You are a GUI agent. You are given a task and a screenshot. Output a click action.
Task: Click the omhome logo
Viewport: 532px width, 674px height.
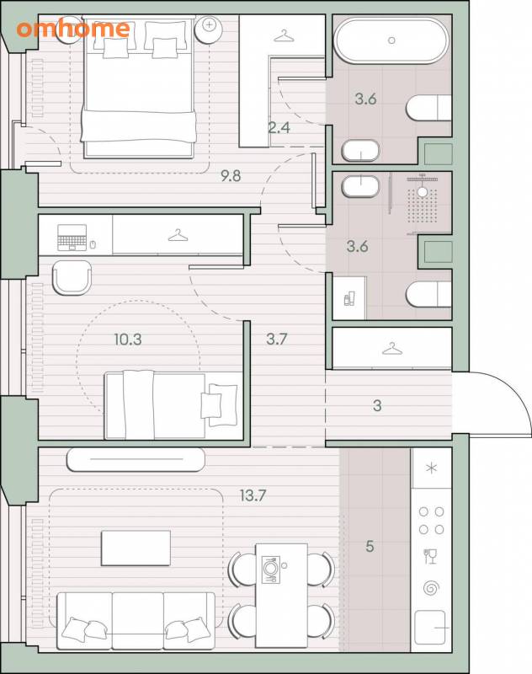pyautogui.click(x=73, y=29)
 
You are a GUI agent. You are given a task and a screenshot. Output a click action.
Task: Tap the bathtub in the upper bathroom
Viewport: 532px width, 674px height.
pyautogui.click(x=391, y=40)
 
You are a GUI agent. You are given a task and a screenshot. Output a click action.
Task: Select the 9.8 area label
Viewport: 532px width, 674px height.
pyautogui.click(x=231, y=176)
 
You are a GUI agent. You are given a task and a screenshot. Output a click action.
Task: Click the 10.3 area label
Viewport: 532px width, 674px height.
pyautogui.click(x=127, y=340)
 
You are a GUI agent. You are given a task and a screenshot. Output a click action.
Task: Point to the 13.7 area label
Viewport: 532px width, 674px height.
pyautogui.click(x=253, y=495)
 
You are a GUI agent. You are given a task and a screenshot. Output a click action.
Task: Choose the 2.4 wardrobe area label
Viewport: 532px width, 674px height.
pyautogui.click(x=279, y=128)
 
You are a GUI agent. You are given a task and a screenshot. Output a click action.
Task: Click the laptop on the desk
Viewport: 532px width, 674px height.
pyautogui.click(x=72, y=238)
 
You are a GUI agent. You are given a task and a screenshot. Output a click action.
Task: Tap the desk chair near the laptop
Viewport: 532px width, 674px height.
pyautogui.click(x=72, y=278)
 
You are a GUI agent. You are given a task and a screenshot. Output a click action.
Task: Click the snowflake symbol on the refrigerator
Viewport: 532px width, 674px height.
pyautogui.click(x=431, y=468)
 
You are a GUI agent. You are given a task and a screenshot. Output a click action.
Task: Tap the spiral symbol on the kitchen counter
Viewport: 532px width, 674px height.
pyautogui.click(x=431, y=588)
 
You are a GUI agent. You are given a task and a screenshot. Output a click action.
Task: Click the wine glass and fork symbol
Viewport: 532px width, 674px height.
pyautogui.click(x=430, y=556)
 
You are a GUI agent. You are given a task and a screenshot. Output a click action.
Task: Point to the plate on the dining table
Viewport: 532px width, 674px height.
pyautogui.click(x=270, y=570)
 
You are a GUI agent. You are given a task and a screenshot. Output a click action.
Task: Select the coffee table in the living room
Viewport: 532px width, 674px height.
pyautogui.click(x=136, y=548)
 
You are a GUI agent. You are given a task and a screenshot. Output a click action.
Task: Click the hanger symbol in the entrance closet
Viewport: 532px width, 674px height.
pyautogui.click(x=392, y=349)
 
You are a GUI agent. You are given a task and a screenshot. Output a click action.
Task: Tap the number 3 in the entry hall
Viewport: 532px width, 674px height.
pyautogui.click(x=377, y=405)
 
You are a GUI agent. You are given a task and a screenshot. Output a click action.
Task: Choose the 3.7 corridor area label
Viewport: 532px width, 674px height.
pyautogui.click(x=276, y=340)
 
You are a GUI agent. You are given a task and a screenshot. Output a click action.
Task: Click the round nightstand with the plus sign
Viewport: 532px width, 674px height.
pyautogui.click(x=209, y=29)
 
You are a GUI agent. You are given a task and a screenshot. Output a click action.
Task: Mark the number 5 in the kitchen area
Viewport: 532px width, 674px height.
pyautogui.click(x=370, y=547)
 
